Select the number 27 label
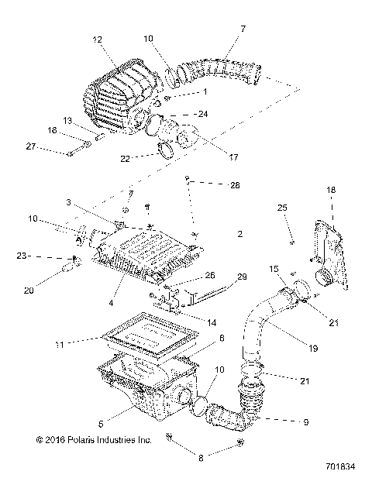(31, 146)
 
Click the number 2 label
(240, 233)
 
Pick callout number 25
(281, 208)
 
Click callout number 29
(241, 277)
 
